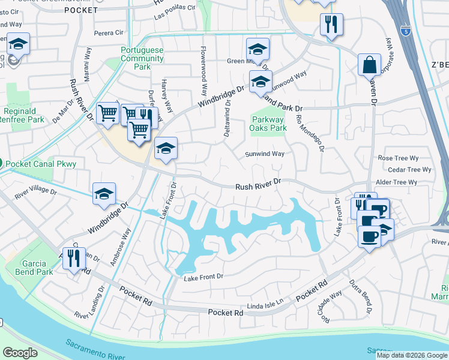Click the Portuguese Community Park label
click(142, 59)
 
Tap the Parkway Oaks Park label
click(268, 124)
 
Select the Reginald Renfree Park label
click(24, 115)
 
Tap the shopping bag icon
click(369, 64)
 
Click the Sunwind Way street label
click(265, 154)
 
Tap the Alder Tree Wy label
click(396, 182)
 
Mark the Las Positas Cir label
click(175, 10)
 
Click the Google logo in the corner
click(20, 352)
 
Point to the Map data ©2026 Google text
click(412, 355)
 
